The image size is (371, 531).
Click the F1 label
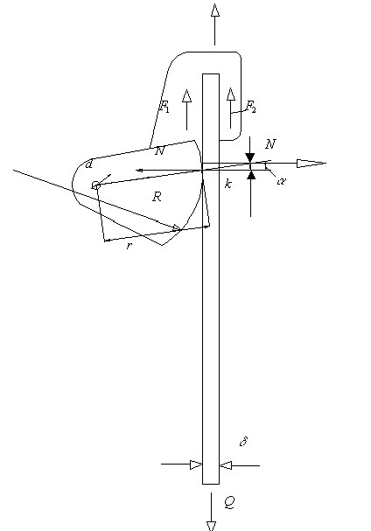point(164,107)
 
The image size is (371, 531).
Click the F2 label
point(251,107)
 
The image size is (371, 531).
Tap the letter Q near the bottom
point(230,502)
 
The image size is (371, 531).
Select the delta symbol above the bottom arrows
point(243,441)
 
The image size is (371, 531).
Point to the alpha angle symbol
point(281,181)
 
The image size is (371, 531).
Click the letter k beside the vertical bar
point(228,184)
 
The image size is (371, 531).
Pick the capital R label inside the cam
point(157,197)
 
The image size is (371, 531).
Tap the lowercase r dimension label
point(129,246)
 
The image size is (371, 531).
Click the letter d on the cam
point(88,164)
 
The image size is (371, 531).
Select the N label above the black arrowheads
point(270,144)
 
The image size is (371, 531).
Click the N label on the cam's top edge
point(159,151)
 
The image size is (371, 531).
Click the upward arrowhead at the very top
point(214,10)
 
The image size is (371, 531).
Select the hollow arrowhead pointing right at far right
point(311,164)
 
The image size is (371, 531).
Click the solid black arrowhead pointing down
point(250,157)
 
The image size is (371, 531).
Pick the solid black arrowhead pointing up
point(251,175)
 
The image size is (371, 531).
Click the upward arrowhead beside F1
point(186,95)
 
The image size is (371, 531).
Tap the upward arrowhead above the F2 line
point(231,94)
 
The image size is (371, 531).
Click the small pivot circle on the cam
point(96,185)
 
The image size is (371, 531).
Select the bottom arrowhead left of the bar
point(196,465)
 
